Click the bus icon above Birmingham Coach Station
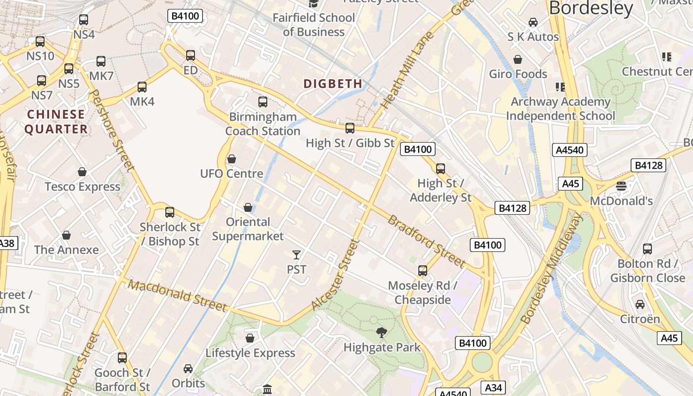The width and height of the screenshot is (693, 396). tap(263, 102)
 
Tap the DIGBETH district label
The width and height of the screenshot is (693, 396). tap(333, 84)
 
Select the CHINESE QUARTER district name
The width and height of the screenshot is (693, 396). tap(56, 122)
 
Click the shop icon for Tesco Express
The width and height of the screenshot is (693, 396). tap(82, 172)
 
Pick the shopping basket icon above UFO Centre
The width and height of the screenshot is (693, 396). tap(231, 159)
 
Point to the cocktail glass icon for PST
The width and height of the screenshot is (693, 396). tap(297, 255)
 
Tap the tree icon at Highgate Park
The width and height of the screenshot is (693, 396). tap(381, 333)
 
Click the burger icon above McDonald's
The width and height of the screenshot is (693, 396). tap(621, 186)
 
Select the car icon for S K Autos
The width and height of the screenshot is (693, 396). tap(533, 22)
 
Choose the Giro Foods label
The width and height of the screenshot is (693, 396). tap(518, 74)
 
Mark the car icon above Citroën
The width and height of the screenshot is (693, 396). tap(640, 304)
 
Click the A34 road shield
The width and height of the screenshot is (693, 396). tap(494, 388)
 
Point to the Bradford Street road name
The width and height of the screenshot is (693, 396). tap(426, 241)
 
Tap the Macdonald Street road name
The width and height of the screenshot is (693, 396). tap(177, 296)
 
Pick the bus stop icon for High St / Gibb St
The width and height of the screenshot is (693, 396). tap(350, 128)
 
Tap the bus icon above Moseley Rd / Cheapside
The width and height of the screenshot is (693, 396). tap(422, 271)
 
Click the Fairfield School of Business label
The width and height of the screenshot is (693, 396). tap(314, 25)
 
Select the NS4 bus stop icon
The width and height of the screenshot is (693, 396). tap(84, 20)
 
